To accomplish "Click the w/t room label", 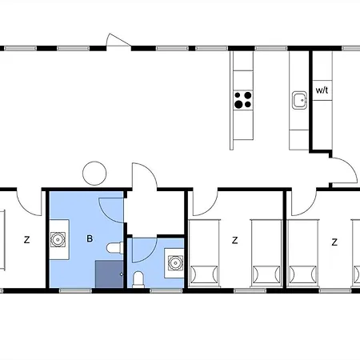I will (x=322, y=90).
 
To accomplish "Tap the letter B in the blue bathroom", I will (x=90, y=238).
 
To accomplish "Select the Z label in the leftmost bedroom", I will (x=26, y=239).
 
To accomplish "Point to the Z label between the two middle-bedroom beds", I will (x=234, y=239).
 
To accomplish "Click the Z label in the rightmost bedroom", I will (x=334, y=241).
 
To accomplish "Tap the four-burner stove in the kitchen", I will (x=243, y=100).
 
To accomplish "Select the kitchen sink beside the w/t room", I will (x=299, y=101).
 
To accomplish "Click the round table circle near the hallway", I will (x=94, y=173).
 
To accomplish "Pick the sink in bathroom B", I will (x=58, y=238).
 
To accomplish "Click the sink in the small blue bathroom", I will (x=174, y=262).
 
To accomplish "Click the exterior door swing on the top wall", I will (x=116, y=40).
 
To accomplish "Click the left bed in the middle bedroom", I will (x=204, y=253).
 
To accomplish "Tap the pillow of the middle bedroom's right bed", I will (x=266, y=274).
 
